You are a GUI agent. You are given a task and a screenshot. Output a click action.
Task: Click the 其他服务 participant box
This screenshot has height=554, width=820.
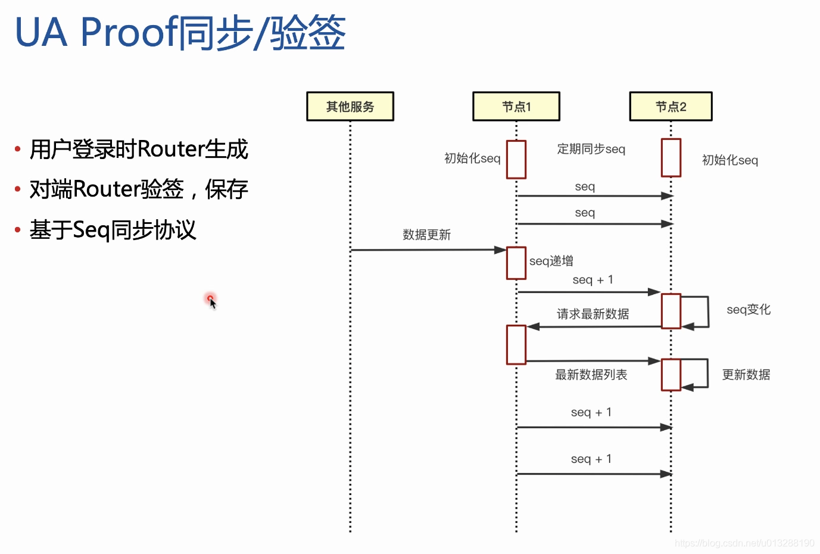point(350,107)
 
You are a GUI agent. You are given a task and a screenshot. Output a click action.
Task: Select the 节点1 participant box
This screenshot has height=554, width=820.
point(516,107)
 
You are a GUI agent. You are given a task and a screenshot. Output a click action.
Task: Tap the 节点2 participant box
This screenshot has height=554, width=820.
point(671,107)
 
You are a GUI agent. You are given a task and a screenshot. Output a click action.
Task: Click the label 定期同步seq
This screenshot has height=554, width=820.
point(591,149)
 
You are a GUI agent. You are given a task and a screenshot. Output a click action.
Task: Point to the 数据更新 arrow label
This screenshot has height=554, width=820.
point(426,235)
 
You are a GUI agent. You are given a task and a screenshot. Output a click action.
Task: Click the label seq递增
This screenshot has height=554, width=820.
point(551,261)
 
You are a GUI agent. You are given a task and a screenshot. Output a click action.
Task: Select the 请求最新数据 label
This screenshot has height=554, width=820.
point(593,314)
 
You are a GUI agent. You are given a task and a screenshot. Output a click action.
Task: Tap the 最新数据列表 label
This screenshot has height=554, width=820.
point(591,375)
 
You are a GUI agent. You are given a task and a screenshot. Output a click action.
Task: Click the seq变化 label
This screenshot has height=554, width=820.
point(749,310)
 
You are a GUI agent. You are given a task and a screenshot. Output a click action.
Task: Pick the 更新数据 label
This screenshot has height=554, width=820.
point(746,375)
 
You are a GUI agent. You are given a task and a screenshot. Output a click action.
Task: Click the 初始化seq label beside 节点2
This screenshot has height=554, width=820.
point(729,160)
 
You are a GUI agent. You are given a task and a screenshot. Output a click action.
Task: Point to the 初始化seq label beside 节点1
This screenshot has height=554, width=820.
point(472,158)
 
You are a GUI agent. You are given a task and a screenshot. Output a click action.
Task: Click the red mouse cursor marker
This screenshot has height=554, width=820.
point(211,300)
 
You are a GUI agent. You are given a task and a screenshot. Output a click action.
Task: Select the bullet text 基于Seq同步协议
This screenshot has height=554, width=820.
point(113,230)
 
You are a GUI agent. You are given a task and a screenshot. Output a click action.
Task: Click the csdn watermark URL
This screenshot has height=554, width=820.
point(744,543)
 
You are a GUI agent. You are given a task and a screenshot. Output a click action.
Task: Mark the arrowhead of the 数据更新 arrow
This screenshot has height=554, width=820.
point(501,250)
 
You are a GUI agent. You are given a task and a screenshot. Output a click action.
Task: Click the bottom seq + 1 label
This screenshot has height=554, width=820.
point(591,459)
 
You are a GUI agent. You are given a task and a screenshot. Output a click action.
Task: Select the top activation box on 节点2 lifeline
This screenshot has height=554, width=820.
point(671,158)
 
